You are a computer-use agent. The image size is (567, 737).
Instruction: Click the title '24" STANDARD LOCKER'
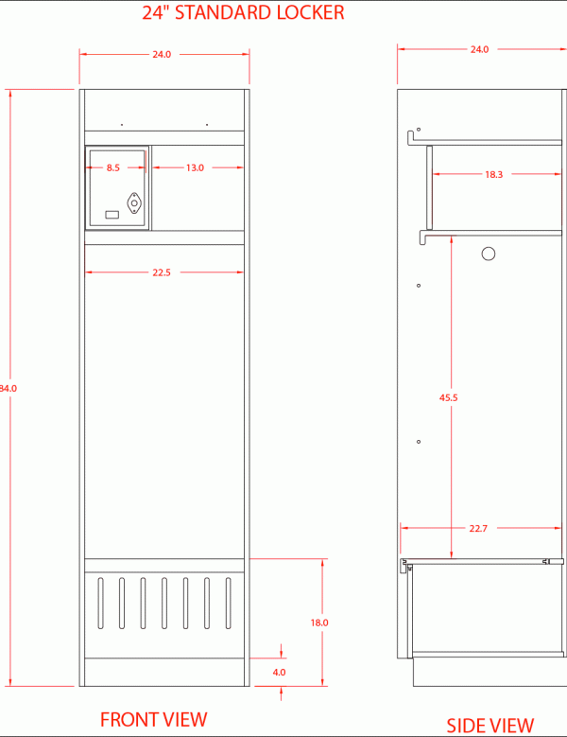[x=243, y=12]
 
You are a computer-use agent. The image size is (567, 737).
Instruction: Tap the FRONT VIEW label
[x=153, y=720]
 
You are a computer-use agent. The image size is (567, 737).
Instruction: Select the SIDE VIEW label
[x=490, y=726]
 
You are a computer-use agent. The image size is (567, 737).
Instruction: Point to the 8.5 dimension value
[x=113, y=167]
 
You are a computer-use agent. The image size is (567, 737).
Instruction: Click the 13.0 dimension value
[x=195, y=167]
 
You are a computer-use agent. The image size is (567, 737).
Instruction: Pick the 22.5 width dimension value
[x=162, y=272]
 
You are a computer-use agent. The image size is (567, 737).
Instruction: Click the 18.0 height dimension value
[x=319, y=623]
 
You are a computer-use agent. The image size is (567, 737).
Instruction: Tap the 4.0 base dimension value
[x=279, y=673]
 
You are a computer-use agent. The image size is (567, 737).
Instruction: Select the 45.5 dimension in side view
[x=448, y=397]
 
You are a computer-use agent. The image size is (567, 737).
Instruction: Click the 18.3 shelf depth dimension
[x=494, y=174]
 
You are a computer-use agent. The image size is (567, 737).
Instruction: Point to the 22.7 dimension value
[x=478, y=529]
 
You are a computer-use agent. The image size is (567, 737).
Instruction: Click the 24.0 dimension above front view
[x=162, y=55]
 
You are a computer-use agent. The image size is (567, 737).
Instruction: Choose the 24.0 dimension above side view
[x=479, y=49]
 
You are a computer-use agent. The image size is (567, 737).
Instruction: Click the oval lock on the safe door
[x=134, y=203]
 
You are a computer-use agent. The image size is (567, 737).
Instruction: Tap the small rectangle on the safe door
[x=112, y=215]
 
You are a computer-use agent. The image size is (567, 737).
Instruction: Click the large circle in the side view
[x=489, y=254]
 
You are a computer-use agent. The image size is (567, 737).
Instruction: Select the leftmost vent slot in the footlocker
[x=100, y=603]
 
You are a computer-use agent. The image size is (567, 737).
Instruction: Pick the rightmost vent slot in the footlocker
[x=228, y=603]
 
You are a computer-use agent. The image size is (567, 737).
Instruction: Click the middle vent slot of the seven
[x=164, y=603]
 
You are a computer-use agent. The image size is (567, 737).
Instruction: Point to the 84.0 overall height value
[x=8, y=389]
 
